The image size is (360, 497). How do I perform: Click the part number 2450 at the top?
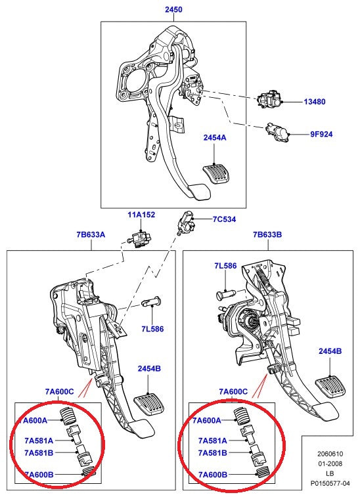click(173, 10)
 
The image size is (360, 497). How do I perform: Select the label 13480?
click(314, 102)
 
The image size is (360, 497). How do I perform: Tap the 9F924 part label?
click(321, 134)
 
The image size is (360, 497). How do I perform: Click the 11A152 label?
click(142, 215)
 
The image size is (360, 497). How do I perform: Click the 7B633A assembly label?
click(91, 234)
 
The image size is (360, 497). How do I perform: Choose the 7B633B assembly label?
click(267, 234)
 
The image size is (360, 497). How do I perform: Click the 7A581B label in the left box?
click(39, 452)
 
